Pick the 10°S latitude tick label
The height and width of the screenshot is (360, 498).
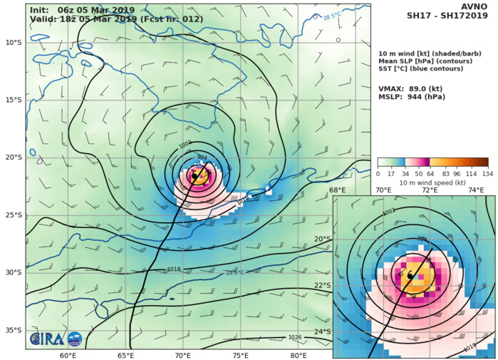13,42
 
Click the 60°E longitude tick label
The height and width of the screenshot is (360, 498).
68,355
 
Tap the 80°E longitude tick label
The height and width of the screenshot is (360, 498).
299,355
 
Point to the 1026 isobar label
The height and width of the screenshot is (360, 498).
295,337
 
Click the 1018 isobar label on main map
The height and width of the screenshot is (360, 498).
174,269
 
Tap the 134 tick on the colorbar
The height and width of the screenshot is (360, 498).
488,173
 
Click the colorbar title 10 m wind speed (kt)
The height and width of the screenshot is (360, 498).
432,182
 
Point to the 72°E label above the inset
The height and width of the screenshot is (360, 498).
429,190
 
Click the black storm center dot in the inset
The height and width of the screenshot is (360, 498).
410,274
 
